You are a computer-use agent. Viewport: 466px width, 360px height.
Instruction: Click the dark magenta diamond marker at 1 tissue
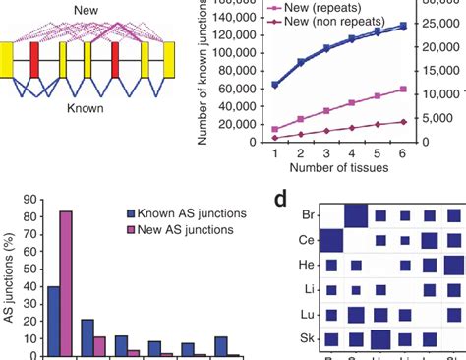(x=276, y=138)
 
